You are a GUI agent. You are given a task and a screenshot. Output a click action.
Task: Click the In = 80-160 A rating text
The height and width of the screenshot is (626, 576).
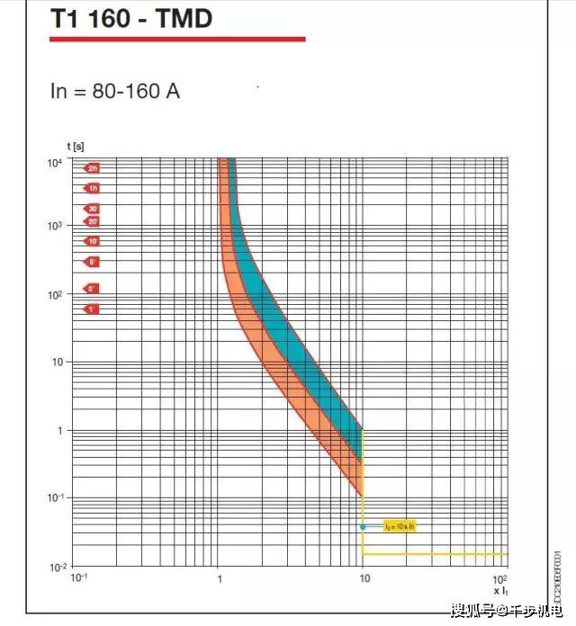coord(115,91)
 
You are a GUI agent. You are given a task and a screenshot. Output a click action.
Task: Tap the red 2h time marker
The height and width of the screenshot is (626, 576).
coord(91,168)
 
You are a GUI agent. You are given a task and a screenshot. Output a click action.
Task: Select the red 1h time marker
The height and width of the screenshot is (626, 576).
coord(91,188)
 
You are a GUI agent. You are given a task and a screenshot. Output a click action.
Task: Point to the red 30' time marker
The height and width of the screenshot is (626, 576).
coord(91,209)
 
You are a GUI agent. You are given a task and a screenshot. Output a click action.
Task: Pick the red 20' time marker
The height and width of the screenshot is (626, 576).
coord(91,221)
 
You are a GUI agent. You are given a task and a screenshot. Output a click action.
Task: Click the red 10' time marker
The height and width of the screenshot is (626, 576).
coord(91,241)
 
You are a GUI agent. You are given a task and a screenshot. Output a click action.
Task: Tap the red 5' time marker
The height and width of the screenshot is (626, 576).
coord(91,262)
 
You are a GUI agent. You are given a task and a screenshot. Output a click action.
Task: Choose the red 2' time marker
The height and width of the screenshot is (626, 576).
coord(91,289)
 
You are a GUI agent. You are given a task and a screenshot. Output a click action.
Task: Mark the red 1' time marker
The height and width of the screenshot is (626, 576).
coord(91,309)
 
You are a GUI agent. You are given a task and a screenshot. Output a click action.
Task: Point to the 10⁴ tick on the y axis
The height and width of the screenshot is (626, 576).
coord(55,162)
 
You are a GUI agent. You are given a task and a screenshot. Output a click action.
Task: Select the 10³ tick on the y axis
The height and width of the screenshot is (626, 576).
coord(55,227)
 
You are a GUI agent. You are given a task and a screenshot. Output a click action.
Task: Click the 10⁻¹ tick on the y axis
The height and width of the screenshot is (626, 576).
coord(55,497)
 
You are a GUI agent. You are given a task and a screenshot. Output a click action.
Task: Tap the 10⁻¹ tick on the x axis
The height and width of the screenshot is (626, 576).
coord(80,578)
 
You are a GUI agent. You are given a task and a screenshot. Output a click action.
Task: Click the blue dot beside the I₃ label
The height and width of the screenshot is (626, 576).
coord(363,526)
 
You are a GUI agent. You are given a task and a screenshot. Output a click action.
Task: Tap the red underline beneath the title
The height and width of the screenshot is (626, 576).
coord(177,39)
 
